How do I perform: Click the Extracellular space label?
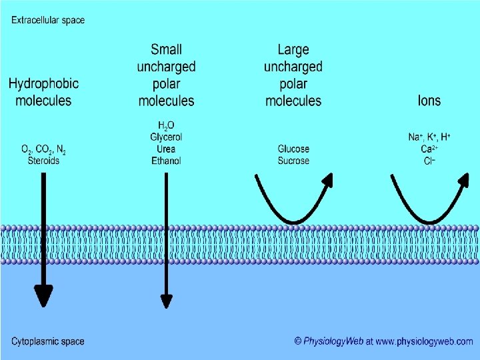[48, 20]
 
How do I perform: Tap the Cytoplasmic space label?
[48, 341]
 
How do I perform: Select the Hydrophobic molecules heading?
[43, 92]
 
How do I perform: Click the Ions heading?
[429, 101]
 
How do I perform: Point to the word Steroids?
[44, 161]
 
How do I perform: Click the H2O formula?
[166, 126]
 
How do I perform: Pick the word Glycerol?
[166, 137]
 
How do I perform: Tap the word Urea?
[166, 149]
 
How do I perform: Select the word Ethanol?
[166, 161]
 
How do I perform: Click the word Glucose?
[293, 149]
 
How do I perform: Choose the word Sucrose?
[293, 161]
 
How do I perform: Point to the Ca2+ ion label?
[429, 149]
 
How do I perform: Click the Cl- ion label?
[429, 161]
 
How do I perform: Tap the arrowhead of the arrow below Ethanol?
[166, 301]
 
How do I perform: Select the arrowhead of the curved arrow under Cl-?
[463, 180]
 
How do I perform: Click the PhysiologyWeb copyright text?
[384, 341]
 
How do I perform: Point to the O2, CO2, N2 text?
[44, 149]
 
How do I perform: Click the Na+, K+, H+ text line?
[429, 137]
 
